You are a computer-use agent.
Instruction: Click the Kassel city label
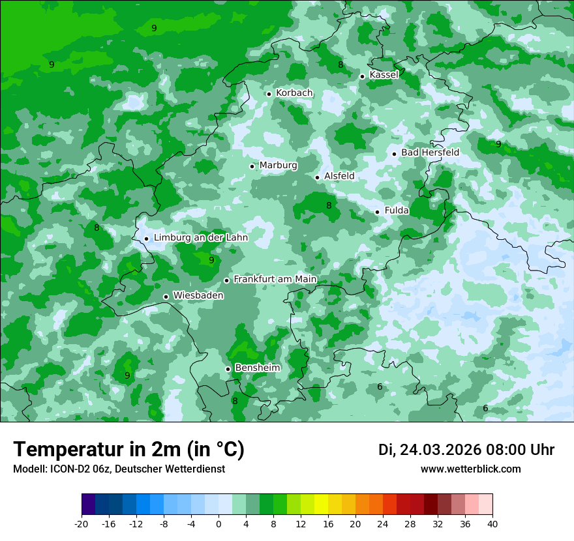[384, 75]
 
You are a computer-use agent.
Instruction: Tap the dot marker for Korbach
[269, 94]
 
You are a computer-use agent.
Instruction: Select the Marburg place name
[278, 166]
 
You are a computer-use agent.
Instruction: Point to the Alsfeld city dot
[318, 177]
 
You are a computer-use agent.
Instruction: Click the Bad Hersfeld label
[430, 153]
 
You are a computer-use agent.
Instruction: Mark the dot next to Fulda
[377, 212]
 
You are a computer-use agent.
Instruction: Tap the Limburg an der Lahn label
[200, 238]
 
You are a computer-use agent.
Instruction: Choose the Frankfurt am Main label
[275, 280]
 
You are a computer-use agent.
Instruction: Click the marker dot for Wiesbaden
[166, 297]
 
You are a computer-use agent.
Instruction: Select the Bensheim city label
[257, 368]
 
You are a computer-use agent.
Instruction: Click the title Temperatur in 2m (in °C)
[129, 450]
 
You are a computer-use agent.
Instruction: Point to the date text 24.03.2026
[440, 450]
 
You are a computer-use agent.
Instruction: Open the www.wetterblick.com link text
[471, 469]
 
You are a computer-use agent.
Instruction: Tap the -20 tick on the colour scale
[82, 523]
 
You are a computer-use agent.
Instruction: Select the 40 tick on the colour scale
[492, 523]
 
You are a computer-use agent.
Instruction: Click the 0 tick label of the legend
[219, 523]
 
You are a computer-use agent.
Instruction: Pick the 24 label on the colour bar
[383, 523]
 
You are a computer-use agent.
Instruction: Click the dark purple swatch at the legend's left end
[89, 505]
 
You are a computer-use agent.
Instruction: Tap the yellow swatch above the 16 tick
[322, 505]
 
